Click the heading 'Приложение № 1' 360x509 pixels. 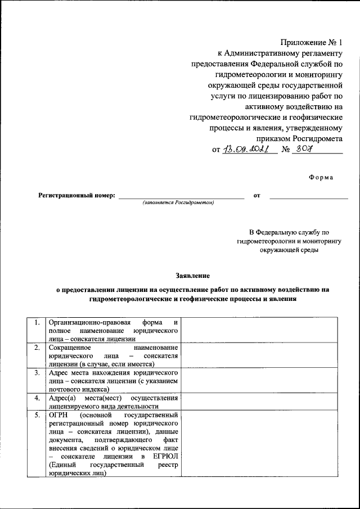point(311,43)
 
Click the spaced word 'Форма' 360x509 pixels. point(321,178)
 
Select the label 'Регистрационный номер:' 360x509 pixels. point(76,196)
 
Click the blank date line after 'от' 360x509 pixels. point(308,197)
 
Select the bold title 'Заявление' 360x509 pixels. point(192,276)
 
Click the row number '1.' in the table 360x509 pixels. point(37,323)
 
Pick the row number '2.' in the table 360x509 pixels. point(37,348)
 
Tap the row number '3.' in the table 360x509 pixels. point(37,373)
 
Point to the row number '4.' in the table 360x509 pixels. point(37,398)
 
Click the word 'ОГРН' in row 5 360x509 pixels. point(58,415)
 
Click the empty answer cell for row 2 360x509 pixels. point(259,356)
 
